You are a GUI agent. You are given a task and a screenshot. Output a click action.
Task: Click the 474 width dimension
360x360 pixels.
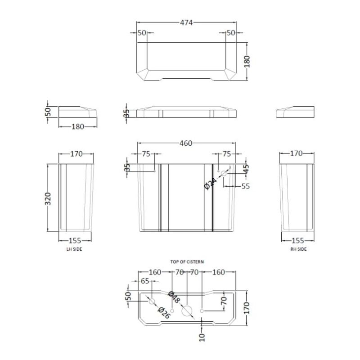click(186, 22)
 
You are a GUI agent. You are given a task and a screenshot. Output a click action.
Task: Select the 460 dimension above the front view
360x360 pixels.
click(186, 143)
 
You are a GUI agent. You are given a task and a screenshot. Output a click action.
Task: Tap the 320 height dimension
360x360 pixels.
click(48, 199)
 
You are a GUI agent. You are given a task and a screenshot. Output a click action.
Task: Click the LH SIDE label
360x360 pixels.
click(74, 249)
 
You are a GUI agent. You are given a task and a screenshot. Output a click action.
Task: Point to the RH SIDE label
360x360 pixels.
click(298, 249)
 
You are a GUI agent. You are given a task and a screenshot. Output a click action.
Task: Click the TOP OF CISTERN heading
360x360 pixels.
click(187, 262)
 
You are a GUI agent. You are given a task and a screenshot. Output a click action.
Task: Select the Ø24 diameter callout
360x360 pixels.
click(210, 184)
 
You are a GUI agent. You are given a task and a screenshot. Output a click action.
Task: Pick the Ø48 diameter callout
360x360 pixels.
click(174, 297)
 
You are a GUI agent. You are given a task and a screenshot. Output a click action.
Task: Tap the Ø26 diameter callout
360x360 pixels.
click(164, 313)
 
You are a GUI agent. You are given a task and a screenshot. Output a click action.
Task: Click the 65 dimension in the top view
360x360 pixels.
click(145, 281)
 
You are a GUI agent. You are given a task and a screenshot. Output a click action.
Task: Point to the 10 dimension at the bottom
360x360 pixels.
click(202, 337)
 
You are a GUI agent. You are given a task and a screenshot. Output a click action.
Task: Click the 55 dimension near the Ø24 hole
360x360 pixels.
click(245, 186)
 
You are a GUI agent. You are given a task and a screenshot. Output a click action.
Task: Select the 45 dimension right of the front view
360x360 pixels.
click(246, 169)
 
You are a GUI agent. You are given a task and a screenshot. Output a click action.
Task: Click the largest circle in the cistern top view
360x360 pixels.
click(187, 311)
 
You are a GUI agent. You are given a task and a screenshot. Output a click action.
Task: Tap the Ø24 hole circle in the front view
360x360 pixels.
click(224, 173)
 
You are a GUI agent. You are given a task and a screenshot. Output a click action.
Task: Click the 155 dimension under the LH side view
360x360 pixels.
click(75, 241)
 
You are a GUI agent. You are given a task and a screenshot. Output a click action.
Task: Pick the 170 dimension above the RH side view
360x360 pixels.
click(297, 153)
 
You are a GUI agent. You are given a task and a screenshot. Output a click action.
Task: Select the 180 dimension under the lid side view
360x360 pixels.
click(78, 127)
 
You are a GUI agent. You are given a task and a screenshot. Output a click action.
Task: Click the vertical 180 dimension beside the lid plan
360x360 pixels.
click(247, 62)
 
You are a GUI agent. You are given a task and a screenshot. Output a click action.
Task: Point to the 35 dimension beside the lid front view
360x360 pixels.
click(126, 114)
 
